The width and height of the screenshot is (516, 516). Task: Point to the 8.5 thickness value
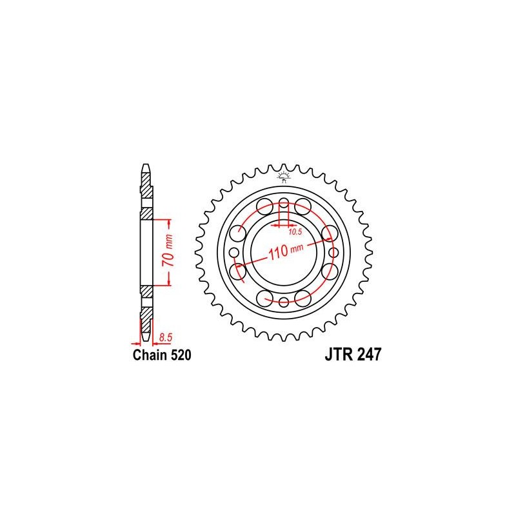[x=166, y=336]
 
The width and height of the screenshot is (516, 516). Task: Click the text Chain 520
[x=161, y=355]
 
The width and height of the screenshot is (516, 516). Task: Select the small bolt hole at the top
[x=284, y=200]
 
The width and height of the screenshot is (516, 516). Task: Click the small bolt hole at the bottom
[x=284, y=302]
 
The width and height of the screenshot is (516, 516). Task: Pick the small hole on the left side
[x=233, y=251]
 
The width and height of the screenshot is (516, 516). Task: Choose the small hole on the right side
[x=334, y=251]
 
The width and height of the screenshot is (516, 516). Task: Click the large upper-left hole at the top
[x=264, y=206]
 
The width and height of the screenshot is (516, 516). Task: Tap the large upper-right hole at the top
[x=304, y=206]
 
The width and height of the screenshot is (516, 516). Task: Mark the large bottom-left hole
[x=264, y=297]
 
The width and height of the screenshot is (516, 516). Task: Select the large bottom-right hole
[x=304, y=297]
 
